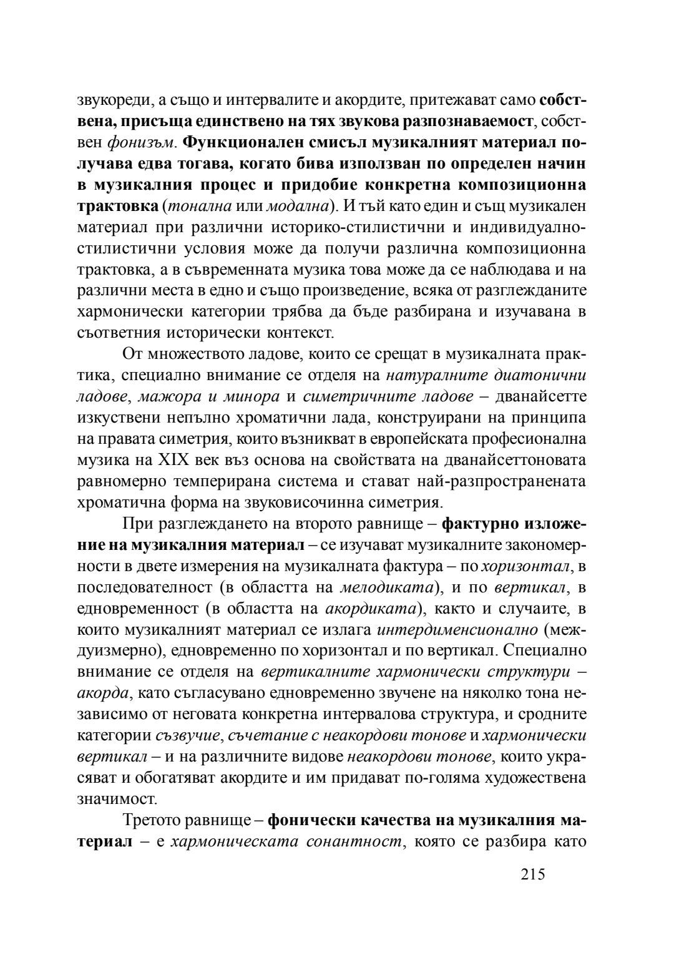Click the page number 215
point(532,874)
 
